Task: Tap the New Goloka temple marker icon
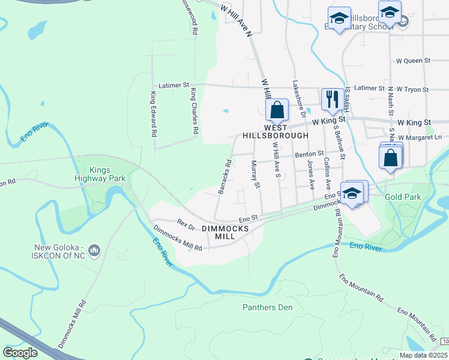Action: click(94, 249)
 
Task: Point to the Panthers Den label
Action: click(267, 308)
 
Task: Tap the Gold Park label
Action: click(403, 197)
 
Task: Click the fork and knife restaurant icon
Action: click(332, 98)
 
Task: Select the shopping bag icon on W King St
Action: click(277, 110)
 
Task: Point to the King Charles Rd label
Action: click(194, 111)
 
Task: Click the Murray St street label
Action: click(256, 175)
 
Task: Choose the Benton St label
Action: click(309, 154)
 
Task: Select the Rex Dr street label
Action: click(186, 223)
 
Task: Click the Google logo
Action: click(20, 352)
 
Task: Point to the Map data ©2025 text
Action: click(423, 355)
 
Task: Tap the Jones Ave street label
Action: click(311, 175)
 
